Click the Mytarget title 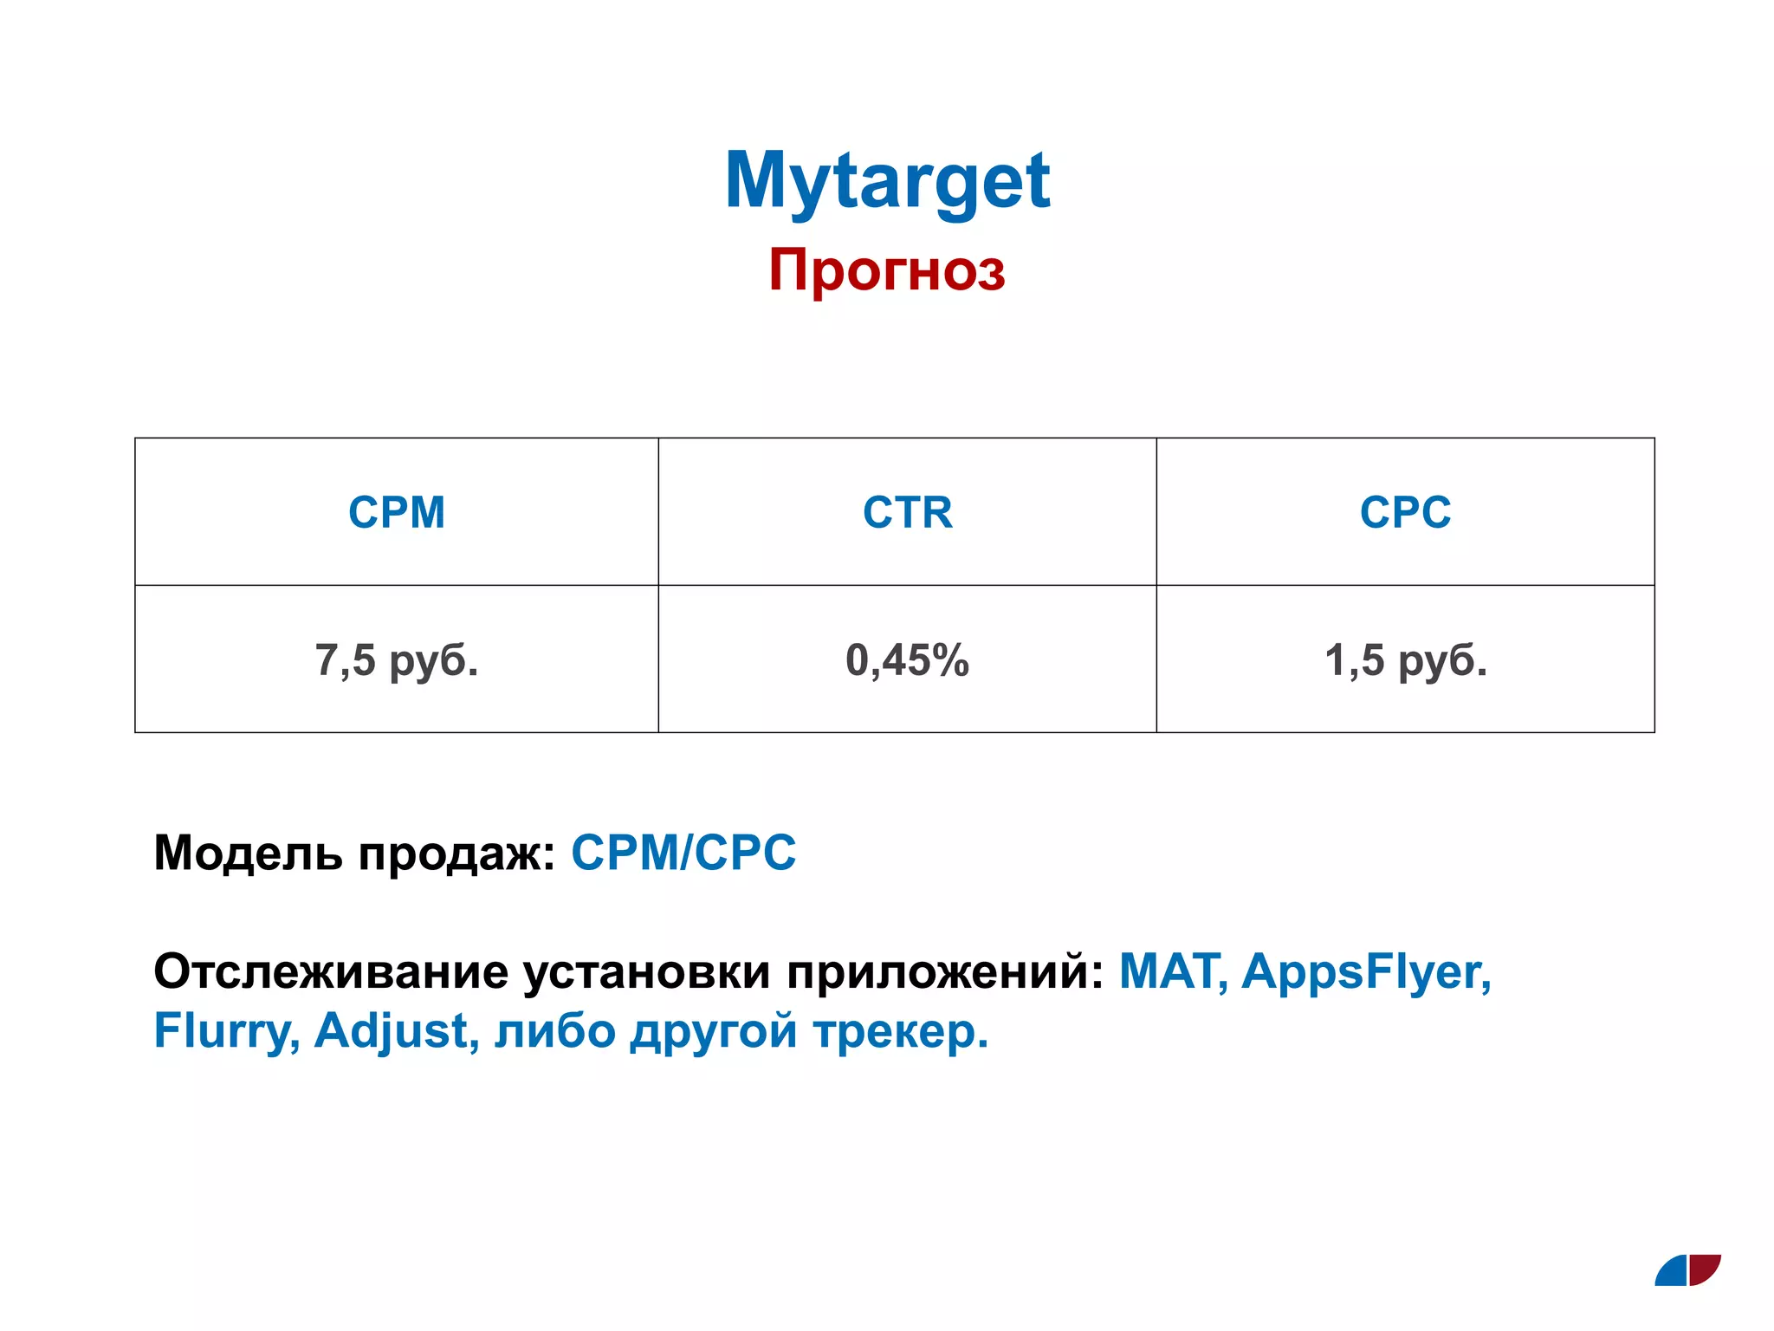887,180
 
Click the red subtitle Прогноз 887,269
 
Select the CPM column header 397,512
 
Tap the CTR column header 907,512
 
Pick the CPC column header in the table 1405,512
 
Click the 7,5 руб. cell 397,660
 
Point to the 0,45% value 907,660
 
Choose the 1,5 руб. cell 1405,660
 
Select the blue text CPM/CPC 683,853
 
